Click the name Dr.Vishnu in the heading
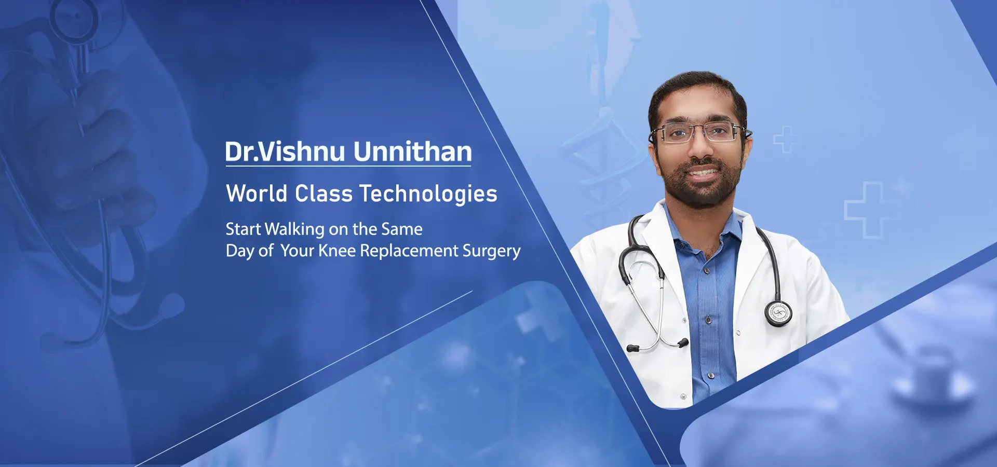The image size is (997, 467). click(285, 152)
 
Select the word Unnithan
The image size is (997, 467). click(413, 152)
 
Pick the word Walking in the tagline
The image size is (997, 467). click(294, 229)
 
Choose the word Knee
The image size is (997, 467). click(337, 251)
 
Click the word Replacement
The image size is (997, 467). click(409, 251)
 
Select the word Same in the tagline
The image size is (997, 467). click(402, 229)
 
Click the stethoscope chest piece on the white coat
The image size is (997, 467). click(778, 313)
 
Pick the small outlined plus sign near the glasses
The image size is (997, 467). click(785, 139)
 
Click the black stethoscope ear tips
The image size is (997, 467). click(657, 346)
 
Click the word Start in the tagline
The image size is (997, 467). click(243, 229)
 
